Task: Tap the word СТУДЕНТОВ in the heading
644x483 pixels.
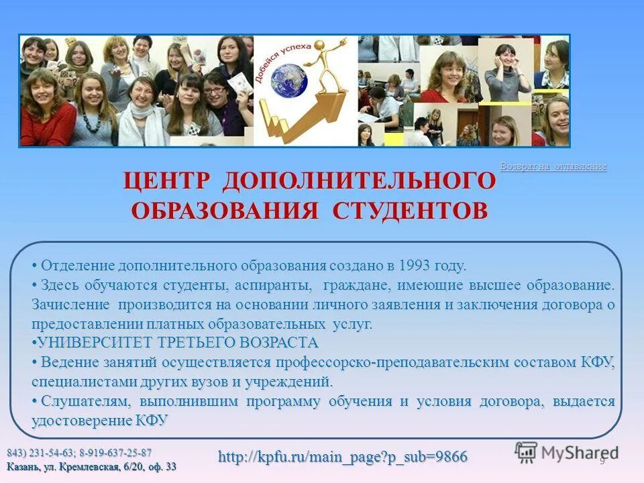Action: pyautogui.click(x=411, y=209)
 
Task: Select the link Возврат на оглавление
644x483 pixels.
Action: pyautogui.click(x=553, y=166)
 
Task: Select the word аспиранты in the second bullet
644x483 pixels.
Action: pyautogui.click(x=274, y=285)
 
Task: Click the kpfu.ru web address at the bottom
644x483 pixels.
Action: pyautogui.click(x=343, y=457)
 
